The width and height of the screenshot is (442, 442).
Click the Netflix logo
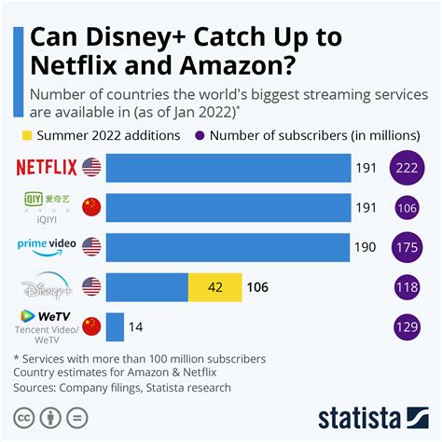pos(46,168)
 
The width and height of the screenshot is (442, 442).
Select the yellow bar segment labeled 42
pos(214,287)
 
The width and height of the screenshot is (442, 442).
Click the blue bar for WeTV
pos(115,327)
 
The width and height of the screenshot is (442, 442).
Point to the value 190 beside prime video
pos(365,247)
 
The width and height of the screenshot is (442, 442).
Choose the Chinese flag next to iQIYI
pos(91,207)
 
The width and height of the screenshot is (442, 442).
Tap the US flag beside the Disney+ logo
pos(91,286)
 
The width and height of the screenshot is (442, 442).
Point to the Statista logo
pos(372,416)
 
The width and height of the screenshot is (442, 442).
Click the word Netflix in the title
pos(74,68)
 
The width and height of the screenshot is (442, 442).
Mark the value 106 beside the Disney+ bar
pos(256,287)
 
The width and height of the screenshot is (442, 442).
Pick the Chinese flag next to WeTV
pos(91,325)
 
